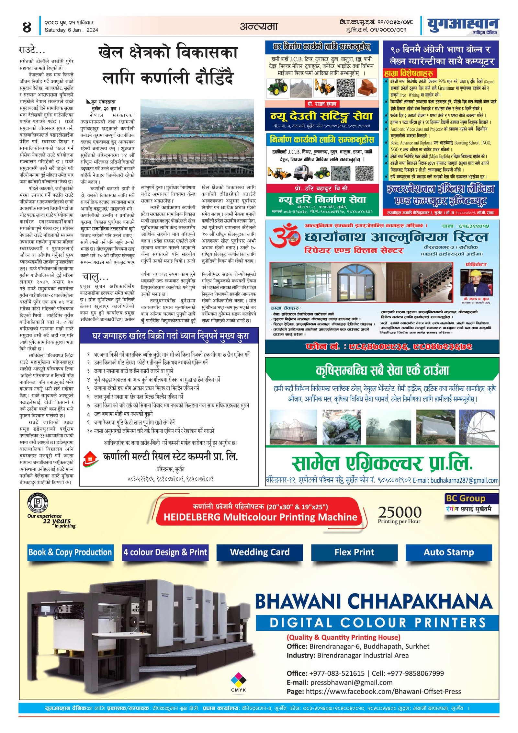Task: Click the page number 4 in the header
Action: (27, 27)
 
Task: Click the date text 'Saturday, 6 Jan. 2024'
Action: (71, 30)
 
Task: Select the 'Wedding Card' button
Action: (260, 552)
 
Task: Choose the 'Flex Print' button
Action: (354, 552)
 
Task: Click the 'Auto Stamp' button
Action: (449, 552)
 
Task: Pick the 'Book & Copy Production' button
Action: (70, 552)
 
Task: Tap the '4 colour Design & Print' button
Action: (165, 552)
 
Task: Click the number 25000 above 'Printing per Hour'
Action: (400, 512)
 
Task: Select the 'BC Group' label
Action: (465, 498)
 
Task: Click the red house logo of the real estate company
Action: (90, 458)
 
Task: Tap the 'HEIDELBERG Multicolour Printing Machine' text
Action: (260, 517)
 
